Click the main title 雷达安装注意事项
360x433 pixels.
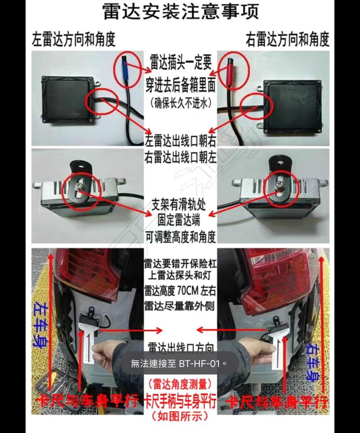180,12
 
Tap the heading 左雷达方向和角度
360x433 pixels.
73,40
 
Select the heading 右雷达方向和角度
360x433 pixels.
287,40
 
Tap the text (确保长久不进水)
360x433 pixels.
180,102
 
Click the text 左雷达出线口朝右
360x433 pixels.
180,141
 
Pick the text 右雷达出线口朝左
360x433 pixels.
180,157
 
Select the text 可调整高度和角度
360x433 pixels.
180,236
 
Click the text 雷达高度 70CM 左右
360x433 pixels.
180,289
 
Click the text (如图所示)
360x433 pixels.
180,415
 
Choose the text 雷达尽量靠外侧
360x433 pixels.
180,305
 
